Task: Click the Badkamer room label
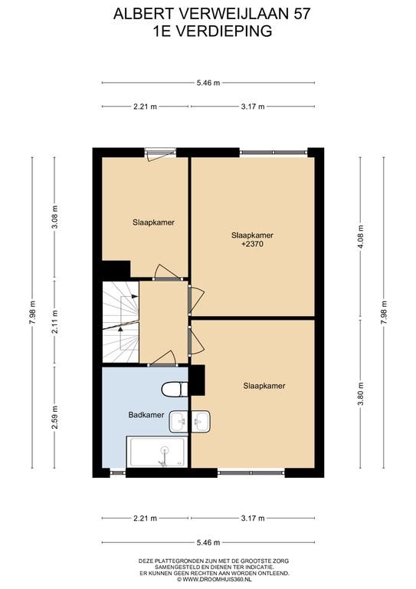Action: click(x=146, y=415)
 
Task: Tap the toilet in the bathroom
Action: click(x=175, y=389)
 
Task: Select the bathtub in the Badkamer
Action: click(x=157, y=452)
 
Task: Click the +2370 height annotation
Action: click(x=253, y=244)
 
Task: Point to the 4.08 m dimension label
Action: click(x=361, y=237)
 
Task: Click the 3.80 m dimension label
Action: click(x=361, y=393)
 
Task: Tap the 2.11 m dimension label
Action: click(x=54, y=322)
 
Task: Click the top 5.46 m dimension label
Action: click(x=208, y=83)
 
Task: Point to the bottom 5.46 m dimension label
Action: click(x=208, y=542)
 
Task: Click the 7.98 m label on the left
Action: click(x=32, y=313)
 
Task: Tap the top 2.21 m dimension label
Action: click(x=145, y=107)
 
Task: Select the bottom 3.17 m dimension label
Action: click(x=253, y=518)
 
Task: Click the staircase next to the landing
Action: click(x=121, y=322)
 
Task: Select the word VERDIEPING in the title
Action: click(x=224, y=31)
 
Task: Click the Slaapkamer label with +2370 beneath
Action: click(x=253, y=235)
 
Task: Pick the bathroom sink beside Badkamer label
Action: click(x=179, y=422)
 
